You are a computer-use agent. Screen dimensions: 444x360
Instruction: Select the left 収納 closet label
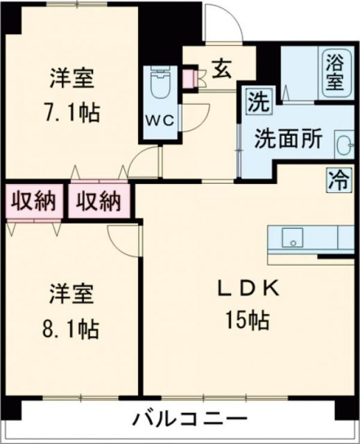click(32, 203)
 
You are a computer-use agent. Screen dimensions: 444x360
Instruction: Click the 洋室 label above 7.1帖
click(71, 77)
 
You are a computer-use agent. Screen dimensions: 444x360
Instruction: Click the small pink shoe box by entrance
click(189, 78)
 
